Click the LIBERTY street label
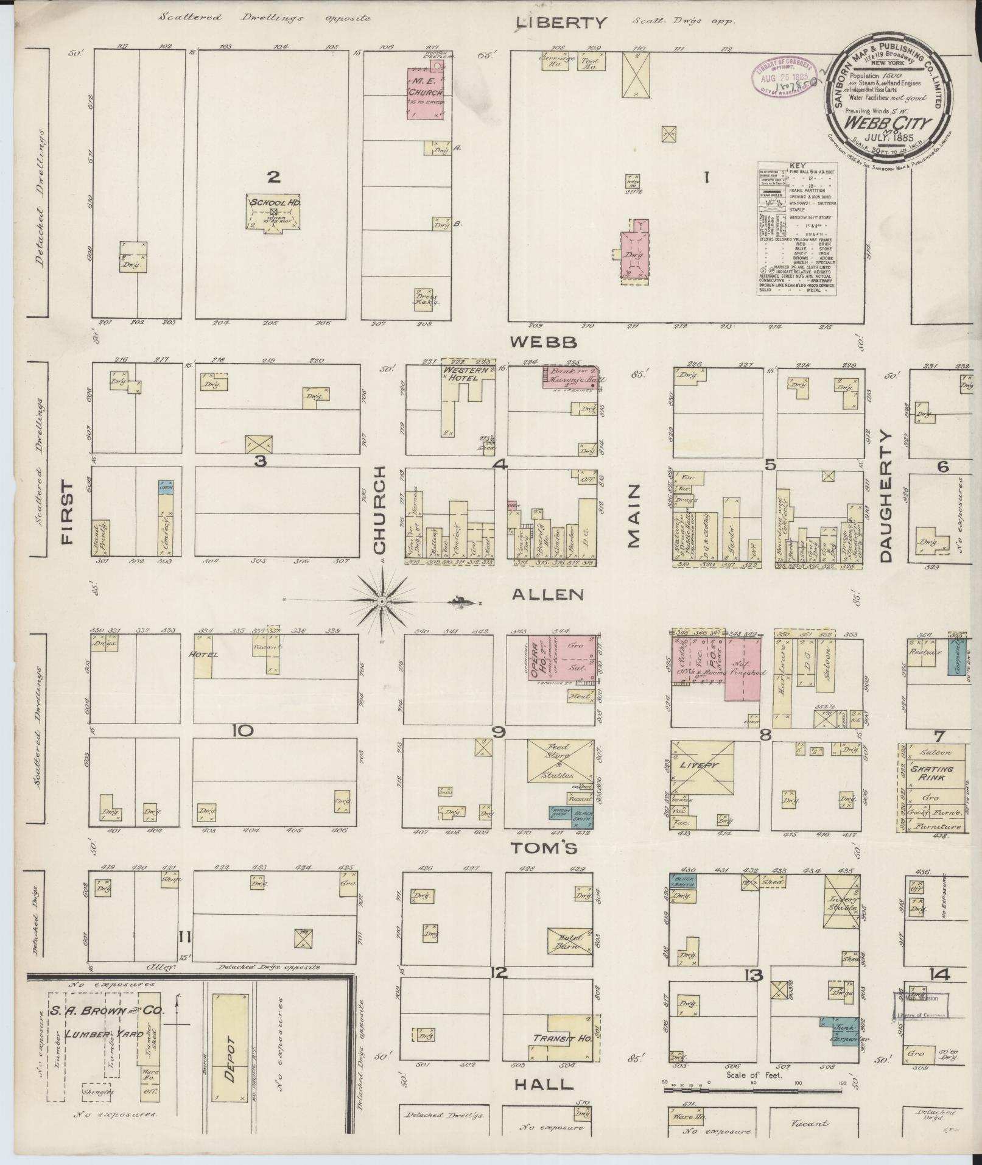[x=561, y=23]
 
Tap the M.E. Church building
[x=426, y=91]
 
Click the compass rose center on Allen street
[x=382, y=602]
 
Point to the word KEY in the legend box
[x=796, y=166]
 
